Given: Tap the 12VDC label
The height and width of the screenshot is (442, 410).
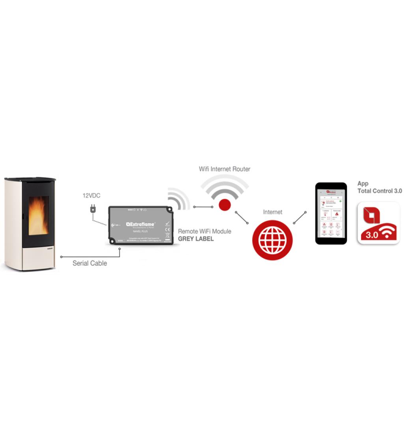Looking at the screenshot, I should click(x=91, y=196).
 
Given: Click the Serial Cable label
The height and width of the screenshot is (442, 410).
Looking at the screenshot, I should click(x=89, y=263).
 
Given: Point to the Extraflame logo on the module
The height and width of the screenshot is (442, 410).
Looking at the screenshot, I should click(x=140, y=224).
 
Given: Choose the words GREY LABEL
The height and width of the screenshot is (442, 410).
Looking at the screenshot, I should click(x=196, y=239).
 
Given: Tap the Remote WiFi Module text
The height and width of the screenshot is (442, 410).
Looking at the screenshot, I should click(x=204, y=231).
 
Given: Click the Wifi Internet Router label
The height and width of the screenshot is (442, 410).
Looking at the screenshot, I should click(x=224, y=169).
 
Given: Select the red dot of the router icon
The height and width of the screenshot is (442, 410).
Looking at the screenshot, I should click(x=225, y=204).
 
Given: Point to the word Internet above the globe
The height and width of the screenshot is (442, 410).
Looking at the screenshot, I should click(x=272, y=212).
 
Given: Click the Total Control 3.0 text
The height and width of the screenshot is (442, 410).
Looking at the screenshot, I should click(x=380, y=191).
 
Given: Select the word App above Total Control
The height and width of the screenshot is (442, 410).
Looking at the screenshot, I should click(x=363, y=184).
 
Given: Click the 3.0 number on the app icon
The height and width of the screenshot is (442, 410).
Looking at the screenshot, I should click(x=373, y=235).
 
